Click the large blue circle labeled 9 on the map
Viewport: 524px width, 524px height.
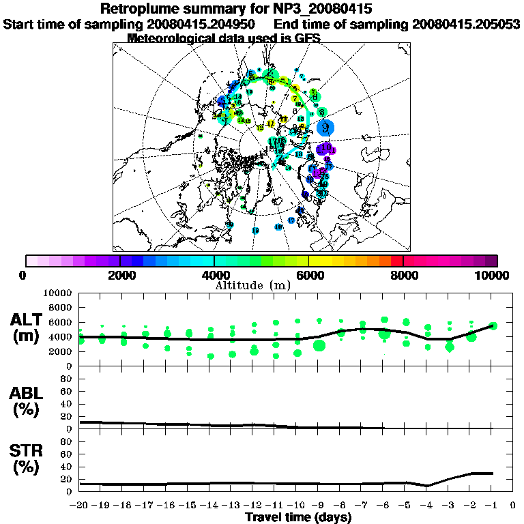(x=327, y=128)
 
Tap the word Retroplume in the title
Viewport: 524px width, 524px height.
(x=137, y=9)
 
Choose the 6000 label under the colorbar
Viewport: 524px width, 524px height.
(x=309, y=275)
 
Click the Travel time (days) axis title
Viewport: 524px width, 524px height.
(x=298, y=518)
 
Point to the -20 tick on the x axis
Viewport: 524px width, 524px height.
(x=79, y=506)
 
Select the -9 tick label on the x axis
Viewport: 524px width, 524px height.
(x=318, y=506)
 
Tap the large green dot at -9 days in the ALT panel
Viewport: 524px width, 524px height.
(x=319, y=345)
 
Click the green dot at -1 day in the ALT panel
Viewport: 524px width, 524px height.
(x=493, y=325)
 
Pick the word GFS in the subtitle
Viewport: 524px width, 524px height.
(x=308, y=38)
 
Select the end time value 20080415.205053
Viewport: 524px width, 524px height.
(x=466, y=24)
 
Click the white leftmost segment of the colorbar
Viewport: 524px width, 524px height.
(x=31, y=261)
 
